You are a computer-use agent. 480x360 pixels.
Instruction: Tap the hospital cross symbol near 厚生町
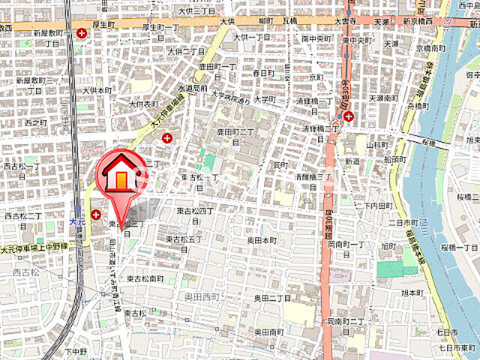[x=82, y=32]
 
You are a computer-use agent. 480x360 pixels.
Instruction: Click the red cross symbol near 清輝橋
[x=349, y=115]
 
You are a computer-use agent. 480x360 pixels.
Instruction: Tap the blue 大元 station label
[x=78, y=221]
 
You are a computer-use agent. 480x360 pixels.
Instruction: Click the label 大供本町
[x=97, y=90]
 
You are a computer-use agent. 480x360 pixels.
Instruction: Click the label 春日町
[x=263, y=73]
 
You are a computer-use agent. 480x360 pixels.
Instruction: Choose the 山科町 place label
[x=376, y=142]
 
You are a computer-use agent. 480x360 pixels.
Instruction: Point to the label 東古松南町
[x=145, y=278]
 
